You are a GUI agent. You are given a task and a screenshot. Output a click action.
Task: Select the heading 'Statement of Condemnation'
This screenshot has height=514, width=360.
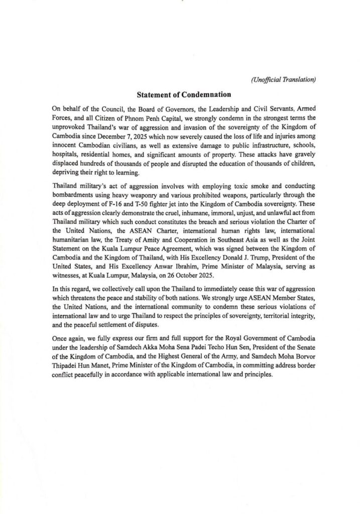180,94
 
